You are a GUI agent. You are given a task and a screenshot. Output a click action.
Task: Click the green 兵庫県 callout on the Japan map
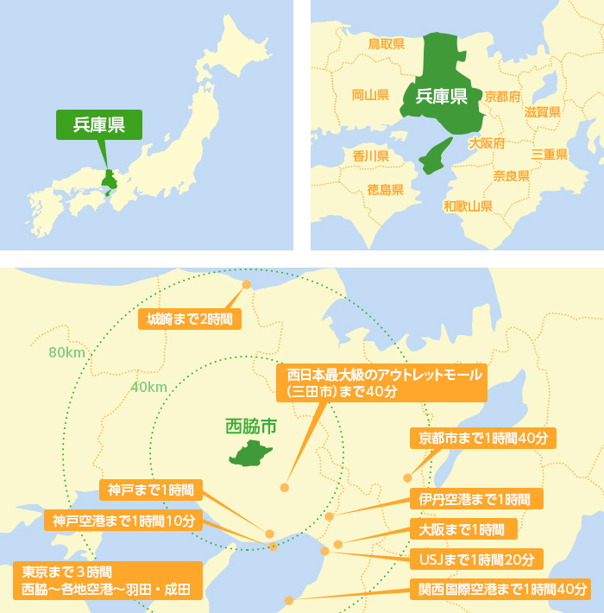98,124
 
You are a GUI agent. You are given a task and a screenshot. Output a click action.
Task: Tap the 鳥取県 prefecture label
386,43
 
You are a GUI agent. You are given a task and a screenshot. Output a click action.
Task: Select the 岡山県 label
370,95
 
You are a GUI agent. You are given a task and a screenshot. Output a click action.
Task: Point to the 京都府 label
502,96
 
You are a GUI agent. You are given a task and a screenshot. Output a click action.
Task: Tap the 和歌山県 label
468,206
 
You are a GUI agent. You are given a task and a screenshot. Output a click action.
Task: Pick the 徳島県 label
385,189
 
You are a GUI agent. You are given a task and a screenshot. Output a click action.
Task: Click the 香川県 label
371,156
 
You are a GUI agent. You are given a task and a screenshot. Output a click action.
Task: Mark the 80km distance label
66,352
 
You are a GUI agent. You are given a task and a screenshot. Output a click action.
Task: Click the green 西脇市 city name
251,426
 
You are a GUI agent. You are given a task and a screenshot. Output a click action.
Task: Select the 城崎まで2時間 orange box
190,319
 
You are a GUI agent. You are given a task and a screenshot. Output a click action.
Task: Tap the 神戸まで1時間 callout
151,490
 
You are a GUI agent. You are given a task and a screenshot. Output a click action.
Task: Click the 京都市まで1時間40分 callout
483,438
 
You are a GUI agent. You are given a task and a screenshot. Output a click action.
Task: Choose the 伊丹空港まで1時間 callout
475,499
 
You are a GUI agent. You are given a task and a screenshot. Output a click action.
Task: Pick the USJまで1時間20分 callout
475,559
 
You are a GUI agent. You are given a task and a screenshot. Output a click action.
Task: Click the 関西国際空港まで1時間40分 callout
500,590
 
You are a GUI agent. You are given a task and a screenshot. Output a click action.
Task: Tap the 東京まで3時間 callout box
108,581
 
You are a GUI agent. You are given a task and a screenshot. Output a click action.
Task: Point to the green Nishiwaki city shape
251,453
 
